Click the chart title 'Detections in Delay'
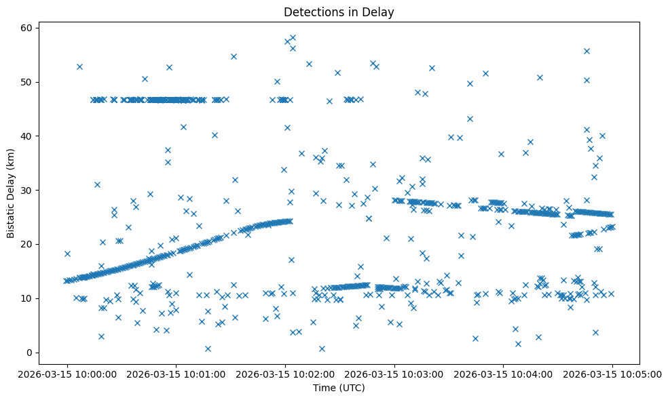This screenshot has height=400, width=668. [338, 12]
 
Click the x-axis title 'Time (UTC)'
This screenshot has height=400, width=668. [338, 388]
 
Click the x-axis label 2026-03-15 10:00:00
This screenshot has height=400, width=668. [67, 374]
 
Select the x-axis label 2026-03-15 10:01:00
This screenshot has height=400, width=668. [176, 374]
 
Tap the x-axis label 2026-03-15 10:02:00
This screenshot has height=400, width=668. [284, 374]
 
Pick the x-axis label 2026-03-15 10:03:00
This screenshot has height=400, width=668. [394, 374]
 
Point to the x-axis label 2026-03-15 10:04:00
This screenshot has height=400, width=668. [503, 374]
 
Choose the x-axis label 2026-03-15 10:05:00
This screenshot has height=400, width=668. [612, 374]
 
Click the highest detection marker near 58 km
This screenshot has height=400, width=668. [293, 38]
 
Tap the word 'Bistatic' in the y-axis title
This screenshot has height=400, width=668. [11, 216]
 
